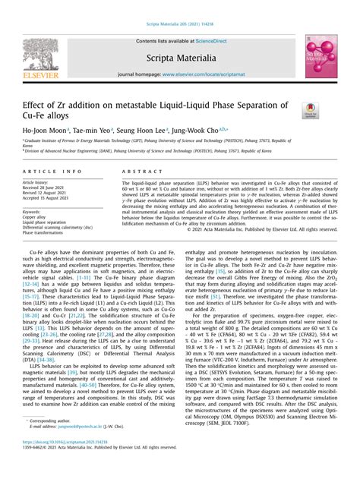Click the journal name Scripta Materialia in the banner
[180, 58]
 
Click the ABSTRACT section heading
[137, 173]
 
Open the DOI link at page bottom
[69, 462]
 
